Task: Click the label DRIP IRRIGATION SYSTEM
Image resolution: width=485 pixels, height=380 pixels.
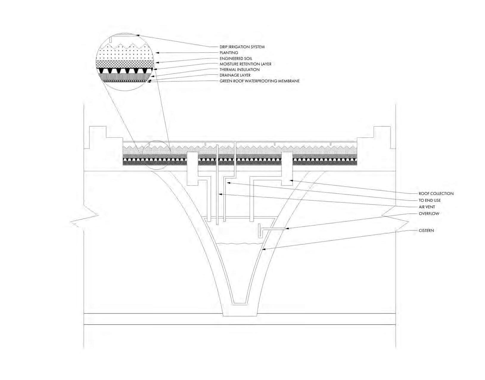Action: point(242,47)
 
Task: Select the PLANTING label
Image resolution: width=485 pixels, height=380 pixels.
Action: point(229,53)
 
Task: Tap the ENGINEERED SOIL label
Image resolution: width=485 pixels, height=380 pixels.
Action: point(236,58)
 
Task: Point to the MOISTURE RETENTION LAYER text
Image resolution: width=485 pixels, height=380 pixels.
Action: point(245,64)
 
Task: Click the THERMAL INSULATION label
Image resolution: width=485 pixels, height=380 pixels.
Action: point(240,69)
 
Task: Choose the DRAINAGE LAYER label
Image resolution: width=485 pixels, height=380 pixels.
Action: point(235,75)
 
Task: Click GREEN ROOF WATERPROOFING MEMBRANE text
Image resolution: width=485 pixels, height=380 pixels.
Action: point(259,81)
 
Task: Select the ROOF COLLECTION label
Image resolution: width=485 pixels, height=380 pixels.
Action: point(436,193)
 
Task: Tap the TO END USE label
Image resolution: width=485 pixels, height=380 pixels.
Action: point(430,200)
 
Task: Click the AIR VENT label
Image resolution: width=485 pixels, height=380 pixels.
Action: point(427,207)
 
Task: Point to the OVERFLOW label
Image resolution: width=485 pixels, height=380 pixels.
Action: point(429,213)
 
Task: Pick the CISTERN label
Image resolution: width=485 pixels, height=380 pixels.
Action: point(426,230)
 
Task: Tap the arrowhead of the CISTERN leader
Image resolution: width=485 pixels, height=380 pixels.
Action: point(263,249)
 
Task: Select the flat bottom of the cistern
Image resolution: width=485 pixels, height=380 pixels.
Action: point(240,304)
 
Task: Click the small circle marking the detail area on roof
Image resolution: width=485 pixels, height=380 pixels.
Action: point(156,155)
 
